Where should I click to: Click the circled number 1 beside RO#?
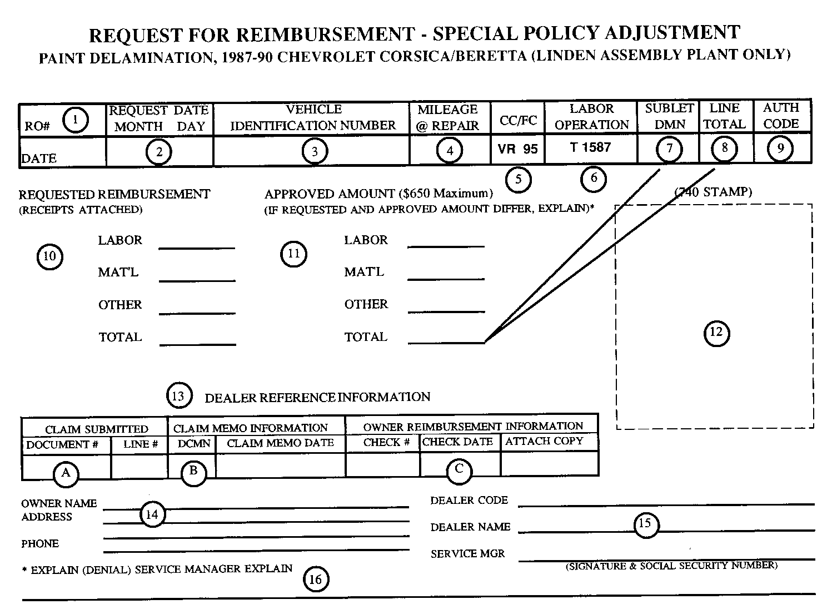(76, 120)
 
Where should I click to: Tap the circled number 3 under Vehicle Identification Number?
(315, 151)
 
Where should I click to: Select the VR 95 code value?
(518, 149)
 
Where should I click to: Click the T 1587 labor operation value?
(590, 147)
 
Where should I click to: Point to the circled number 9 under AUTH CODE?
(780, 148)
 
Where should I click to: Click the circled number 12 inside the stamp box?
(716, 333)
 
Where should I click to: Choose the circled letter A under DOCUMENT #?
(66, 473)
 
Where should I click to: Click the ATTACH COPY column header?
(544, 442)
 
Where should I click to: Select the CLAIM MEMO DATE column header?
(280, 443)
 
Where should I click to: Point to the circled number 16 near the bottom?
(315, 580)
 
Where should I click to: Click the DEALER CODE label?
(469, 501)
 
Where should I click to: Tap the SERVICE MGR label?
(467, 554)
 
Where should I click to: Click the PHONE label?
(40, 544)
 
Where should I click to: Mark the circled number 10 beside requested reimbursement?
(49, 256)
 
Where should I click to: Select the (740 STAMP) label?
(713, 192)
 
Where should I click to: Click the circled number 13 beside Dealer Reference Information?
(178, 396)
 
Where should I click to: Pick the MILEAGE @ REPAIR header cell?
(448, 117)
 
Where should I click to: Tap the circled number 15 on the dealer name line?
(645, 524)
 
